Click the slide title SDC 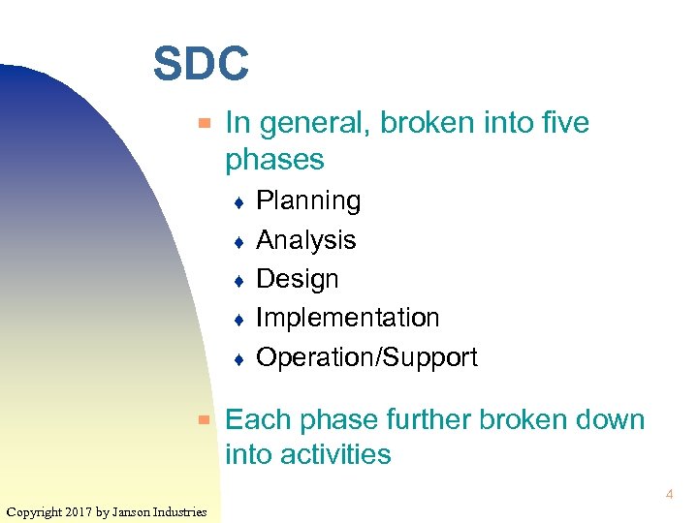(201, 65)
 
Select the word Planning (308, 201)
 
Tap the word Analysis (305, 240)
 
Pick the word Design (297, 279)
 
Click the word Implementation (347, 318)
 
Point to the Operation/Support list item (366, 357)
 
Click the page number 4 (669, 495)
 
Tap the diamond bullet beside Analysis (238, 242)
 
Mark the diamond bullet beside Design (238, 281)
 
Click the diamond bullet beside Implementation (238, 320)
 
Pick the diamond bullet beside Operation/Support (238, 359)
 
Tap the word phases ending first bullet (274, 159)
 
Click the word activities (335, 454)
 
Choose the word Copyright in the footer (35, 511)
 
